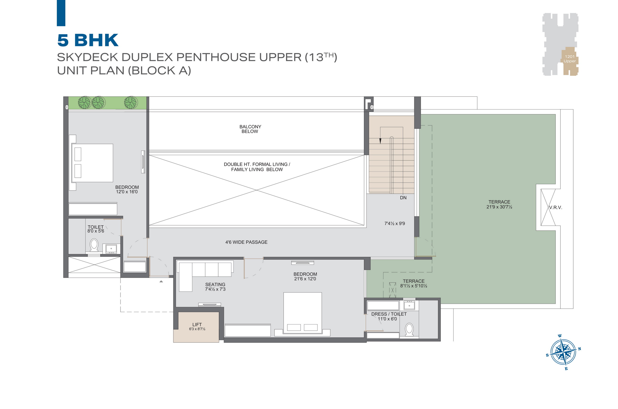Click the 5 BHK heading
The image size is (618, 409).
click(x=88, y=40)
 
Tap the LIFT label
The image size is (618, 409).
click(x=197, y=324)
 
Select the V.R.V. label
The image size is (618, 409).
click(x=555, y=207)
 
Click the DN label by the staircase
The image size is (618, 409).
click(x=403, y=198)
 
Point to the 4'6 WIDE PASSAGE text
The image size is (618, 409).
click(x=246, y=242)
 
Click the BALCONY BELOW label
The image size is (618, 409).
click(x=250, y=129)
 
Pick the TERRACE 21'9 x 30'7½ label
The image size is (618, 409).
click(x=499, y=204)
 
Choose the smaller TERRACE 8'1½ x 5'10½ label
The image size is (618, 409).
click(x=414, y=283)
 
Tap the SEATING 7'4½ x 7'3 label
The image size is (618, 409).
click(x=215, y=287)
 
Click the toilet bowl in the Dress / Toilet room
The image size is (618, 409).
click(x=409, y=329)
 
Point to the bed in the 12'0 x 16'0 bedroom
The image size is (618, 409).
click(x=91, y=163)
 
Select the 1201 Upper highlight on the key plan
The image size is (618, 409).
click(x=570, y=61)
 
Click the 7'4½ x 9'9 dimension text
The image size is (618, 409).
click(x=395, y=223)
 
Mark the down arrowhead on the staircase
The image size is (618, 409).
click(x=380, y=141)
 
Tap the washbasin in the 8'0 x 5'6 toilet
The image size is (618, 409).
click(x=111, y=249)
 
